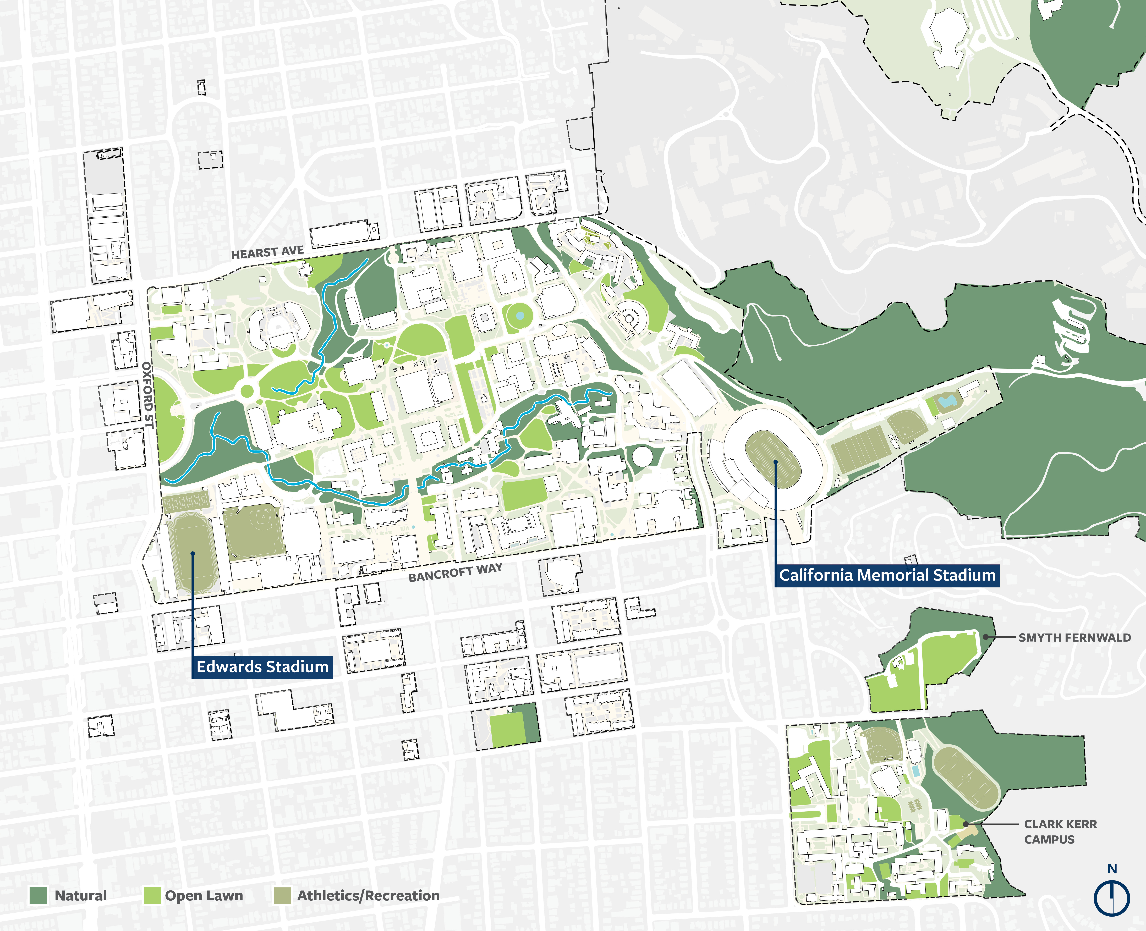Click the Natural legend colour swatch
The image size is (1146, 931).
point(38,896)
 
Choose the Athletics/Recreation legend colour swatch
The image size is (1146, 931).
point(283,896)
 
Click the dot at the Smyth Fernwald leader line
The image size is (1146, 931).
point(986,637)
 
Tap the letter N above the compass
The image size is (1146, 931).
point(1112,869)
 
